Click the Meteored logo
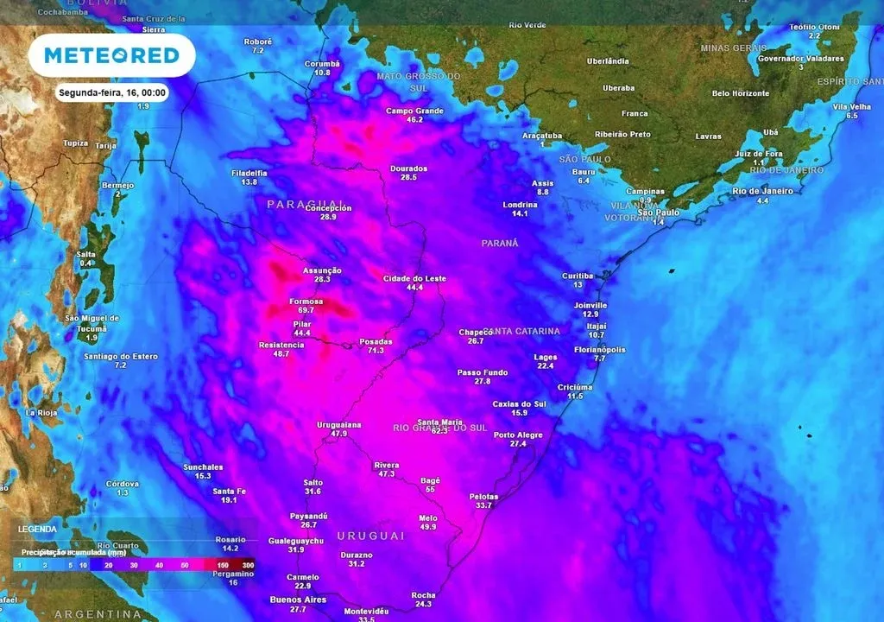[111, 55]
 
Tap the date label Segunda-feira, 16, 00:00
[112, 92]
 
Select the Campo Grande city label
[414, 111]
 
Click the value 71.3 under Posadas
[376, 352]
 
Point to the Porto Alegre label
[518, 435]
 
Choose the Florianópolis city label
[600, 350]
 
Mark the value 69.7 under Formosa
[306, 310]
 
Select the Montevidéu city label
[366, 611]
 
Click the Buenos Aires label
[298, 600]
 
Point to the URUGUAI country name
[371, 536]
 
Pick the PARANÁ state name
[500, 244]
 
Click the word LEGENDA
[37, 529]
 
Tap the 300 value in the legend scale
[248, 564]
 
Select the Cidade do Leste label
[415, 278]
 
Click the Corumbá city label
[322, 64]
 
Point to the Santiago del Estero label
[120, 356]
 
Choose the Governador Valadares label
[800, 58]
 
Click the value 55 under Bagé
[430, 489]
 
